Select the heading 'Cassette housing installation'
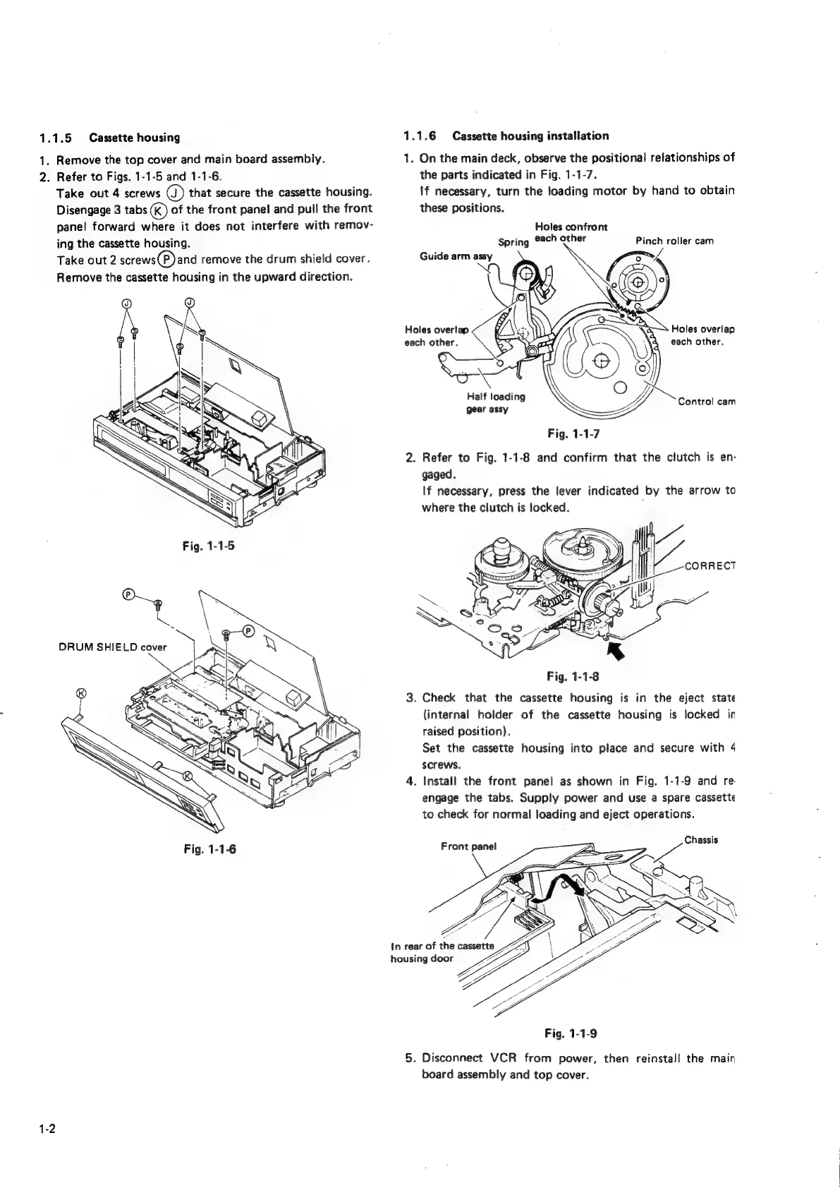click(x=530, y=136)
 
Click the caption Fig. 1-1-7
click(x=572, y=433)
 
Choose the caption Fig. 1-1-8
click(x=572, y=677)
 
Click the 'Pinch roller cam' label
click(x=675, y=241)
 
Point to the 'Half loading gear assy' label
click(x=490, y=402)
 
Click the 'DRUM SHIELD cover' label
click(x=112, y=647)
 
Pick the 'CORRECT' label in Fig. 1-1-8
click(x=710, y=566)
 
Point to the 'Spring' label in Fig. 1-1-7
click(x=513, y=242)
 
